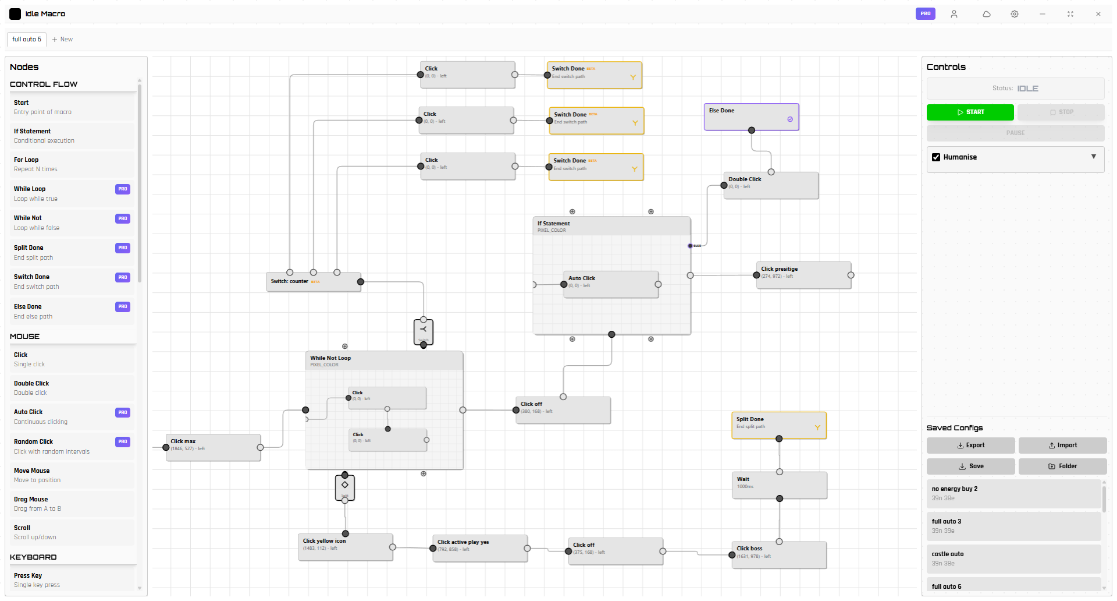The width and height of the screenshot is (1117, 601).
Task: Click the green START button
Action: tap(970, 112)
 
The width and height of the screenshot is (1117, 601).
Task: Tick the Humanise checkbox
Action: tap(936, 157)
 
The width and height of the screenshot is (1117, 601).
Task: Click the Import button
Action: tap(1062, 446)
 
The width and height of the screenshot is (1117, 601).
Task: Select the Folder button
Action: tap(1062, 466)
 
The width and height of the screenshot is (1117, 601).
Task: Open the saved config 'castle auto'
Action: tap(1013, 558)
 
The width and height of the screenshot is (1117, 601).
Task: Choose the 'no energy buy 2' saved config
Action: tap(1013, 493)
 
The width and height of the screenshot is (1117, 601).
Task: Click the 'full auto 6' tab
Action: tap(27, 40)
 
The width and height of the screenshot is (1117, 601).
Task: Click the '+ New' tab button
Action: tap(62, 40)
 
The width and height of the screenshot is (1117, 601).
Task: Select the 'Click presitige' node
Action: tap(803, 275)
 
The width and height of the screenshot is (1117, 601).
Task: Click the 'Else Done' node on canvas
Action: tap(751, 116)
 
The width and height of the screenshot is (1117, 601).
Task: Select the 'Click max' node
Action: tap(213, 447)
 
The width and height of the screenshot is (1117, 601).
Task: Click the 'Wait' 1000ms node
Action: tap(779, 485)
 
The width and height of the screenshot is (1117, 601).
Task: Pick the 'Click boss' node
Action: tap(779, 554)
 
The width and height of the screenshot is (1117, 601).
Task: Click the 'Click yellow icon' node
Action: tap(345, 547)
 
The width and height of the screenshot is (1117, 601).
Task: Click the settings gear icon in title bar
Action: tap(1014, 14)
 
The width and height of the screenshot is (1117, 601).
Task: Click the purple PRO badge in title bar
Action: tap(925, 13)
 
